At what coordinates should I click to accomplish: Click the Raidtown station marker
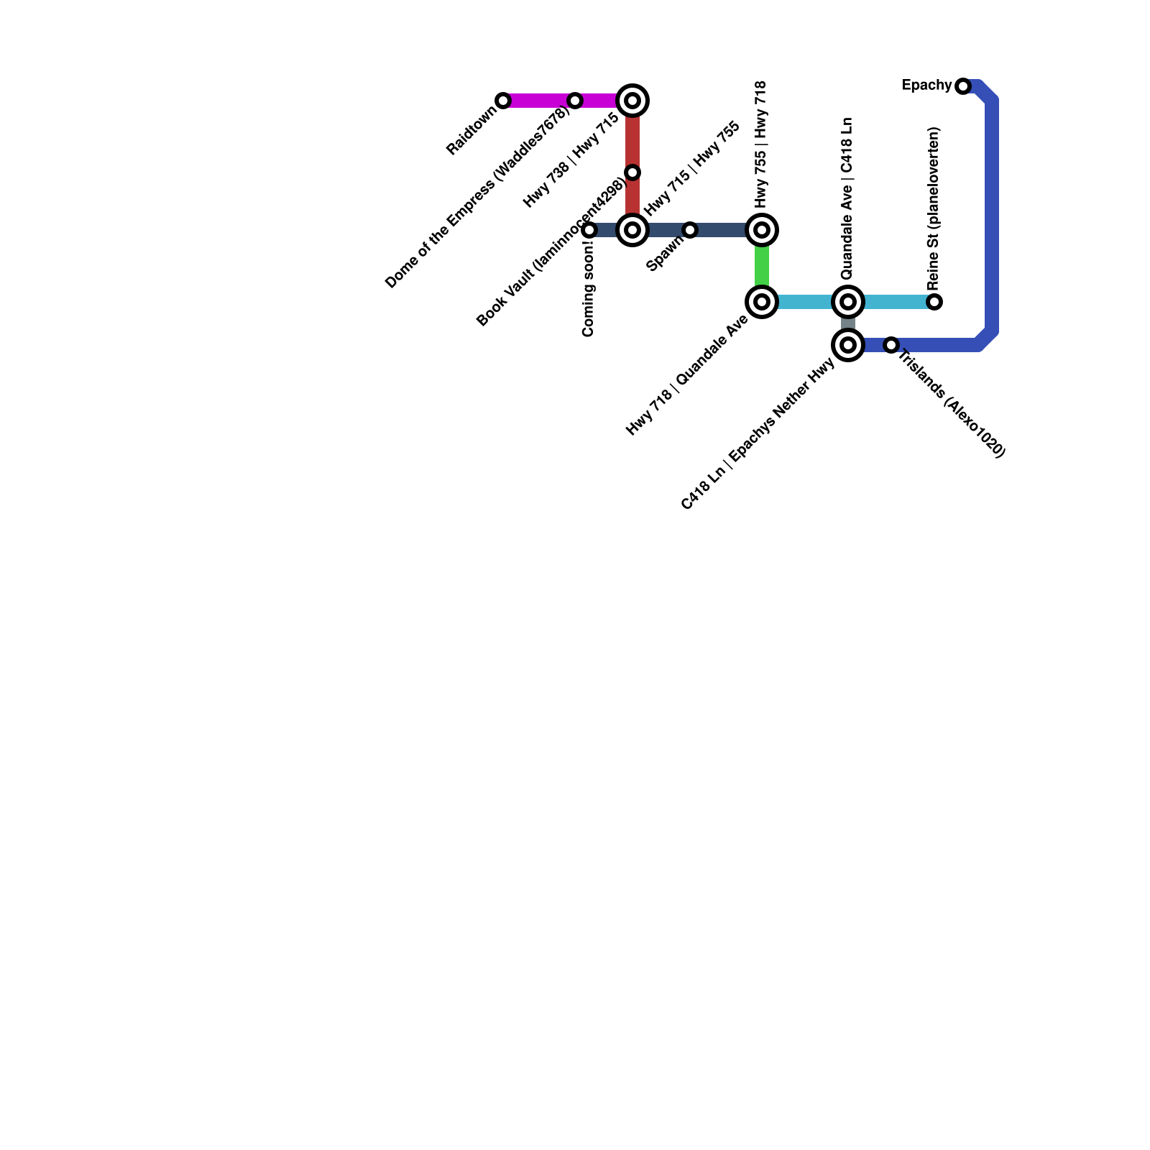pos(503,101)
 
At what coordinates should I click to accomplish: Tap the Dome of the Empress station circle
pos(575,101)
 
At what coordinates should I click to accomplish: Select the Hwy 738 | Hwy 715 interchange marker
pos(632,101)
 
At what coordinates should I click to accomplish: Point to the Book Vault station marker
pos(632,172)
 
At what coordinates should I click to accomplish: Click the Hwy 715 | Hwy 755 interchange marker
pos(632,230)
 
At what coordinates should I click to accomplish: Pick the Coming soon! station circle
pos(589,230)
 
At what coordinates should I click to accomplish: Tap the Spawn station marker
pos(690,230)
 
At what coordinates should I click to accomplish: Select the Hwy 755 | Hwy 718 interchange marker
pos(762,230)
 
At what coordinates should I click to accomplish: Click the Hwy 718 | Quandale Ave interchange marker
pos(762,302)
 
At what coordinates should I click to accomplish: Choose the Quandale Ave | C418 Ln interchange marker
pos(848,302)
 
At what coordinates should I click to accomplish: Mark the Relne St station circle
pos(934,302)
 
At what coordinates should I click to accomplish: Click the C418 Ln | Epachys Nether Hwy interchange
pos(848,345)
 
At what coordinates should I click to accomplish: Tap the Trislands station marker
pos(891,345)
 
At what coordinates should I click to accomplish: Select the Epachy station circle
pos(963,86)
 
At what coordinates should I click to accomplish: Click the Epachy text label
pos(926,86)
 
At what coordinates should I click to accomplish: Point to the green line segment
pos(762,266)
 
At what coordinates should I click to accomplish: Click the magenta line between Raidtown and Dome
pos(539,101)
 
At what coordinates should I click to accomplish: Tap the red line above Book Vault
pos(632,137)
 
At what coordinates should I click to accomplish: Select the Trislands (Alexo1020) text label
pos(952,403)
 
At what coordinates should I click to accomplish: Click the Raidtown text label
pos(471,131)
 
